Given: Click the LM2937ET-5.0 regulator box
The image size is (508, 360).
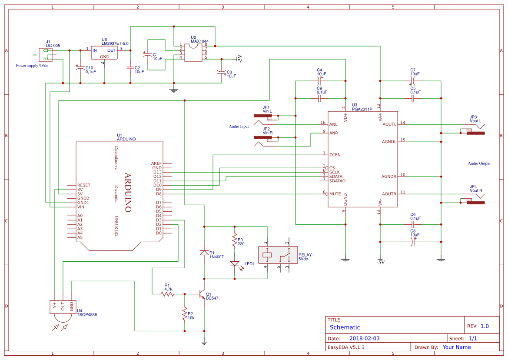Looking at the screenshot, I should click(105, 52).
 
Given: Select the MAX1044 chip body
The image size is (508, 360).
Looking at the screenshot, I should click(193, 52).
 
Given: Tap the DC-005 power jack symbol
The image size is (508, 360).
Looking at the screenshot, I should click(46, 54).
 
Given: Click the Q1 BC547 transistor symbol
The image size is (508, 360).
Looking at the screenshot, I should click(202, 294).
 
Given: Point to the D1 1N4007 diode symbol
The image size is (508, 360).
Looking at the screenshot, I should click(203, 253).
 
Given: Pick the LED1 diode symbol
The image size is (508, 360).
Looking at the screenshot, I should click(235, 263).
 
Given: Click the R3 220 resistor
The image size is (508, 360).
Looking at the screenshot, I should click(235, 240).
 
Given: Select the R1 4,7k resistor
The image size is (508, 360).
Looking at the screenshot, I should click(167, 294).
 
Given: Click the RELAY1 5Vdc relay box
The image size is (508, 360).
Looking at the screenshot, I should click(277, 255).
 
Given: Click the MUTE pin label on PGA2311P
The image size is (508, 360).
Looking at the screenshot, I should click(335, 194).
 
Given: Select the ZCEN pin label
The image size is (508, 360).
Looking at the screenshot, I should click(335, 154).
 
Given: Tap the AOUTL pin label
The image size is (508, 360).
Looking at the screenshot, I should click(389, 124).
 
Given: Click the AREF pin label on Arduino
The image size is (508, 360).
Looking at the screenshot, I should click(156, 163).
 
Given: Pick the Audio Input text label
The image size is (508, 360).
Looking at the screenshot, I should click(239, 127).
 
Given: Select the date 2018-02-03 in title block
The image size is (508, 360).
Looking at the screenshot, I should click(364, 338).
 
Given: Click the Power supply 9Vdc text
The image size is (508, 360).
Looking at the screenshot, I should click(32, 66).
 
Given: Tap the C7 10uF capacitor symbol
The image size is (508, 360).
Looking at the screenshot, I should click(413, 81).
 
